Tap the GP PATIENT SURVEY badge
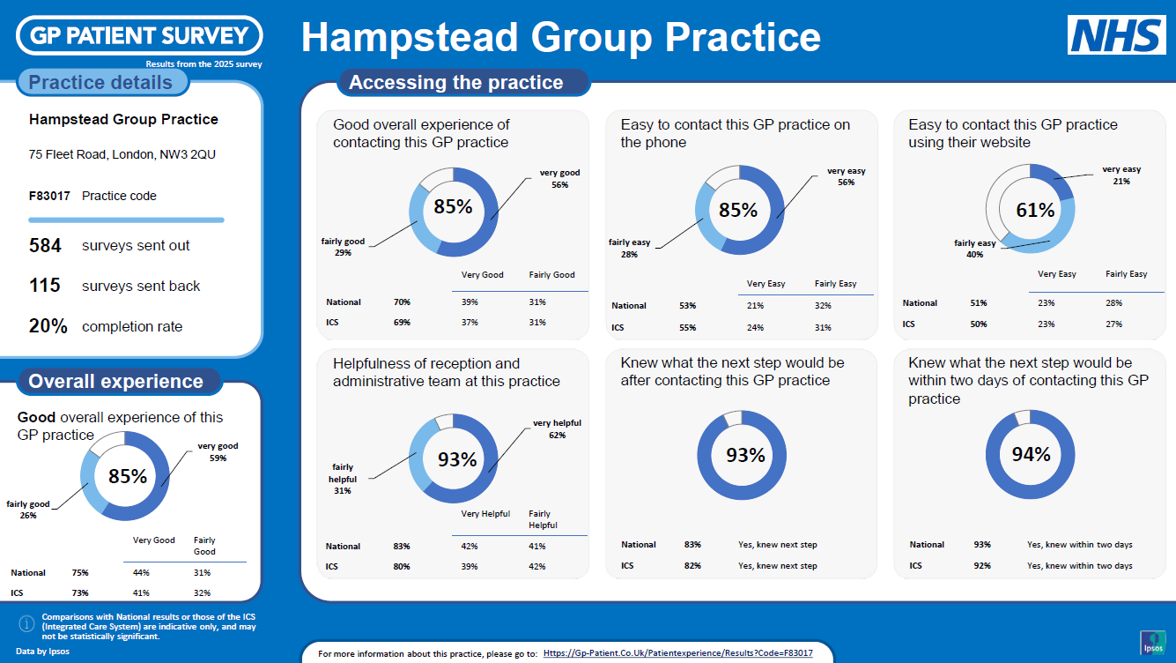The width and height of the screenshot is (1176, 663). pos(139,36)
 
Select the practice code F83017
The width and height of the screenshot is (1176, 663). pos(49,196)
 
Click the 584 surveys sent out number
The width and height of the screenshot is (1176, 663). pos(45,245)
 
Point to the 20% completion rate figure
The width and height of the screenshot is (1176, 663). pos(48,326)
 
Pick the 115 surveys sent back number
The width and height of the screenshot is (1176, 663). pos(45,286)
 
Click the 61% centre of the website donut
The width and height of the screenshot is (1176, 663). pos(1035,210)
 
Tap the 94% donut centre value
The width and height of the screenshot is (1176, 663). pos(1032,454)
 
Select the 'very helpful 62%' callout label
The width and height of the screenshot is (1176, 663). pos(557,429)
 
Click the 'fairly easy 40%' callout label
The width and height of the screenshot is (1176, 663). pos(974,249)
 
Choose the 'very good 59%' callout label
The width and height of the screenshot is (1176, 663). pos(218,451)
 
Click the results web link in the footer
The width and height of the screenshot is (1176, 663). pos(677,653)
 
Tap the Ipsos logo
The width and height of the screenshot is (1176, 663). pos(1153,643)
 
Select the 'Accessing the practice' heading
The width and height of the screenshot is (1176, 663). pos(455,83)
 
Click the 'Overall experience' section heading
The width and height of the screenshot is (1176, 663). pos(115,382)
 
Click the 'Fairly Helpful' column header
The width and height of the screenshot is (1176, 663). pos(543,519)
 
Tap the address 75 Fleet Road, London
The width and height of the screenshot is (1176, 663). pos(122,154)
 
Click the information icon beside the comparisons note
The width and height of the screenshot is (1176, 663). pos(26,623)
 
